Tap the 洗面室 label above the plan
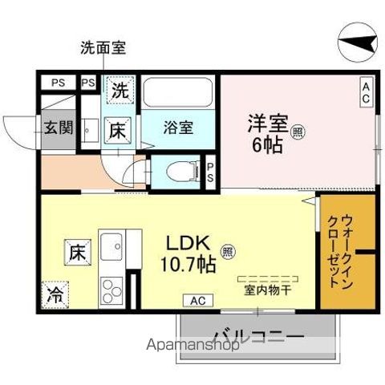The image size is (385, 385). coord(103,47)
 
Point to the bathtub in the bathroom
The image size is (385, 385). coord(178,94)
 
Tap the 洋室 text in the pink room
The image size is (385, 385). coord(267,125)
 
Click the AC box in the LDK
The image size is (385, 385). coord(198,301)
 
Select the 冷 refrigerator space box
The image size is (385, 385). coord(55,293)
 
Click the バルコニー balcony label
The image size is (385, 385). coord(258,335)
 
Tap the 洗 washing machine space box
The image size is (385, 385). coord(120,91)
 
